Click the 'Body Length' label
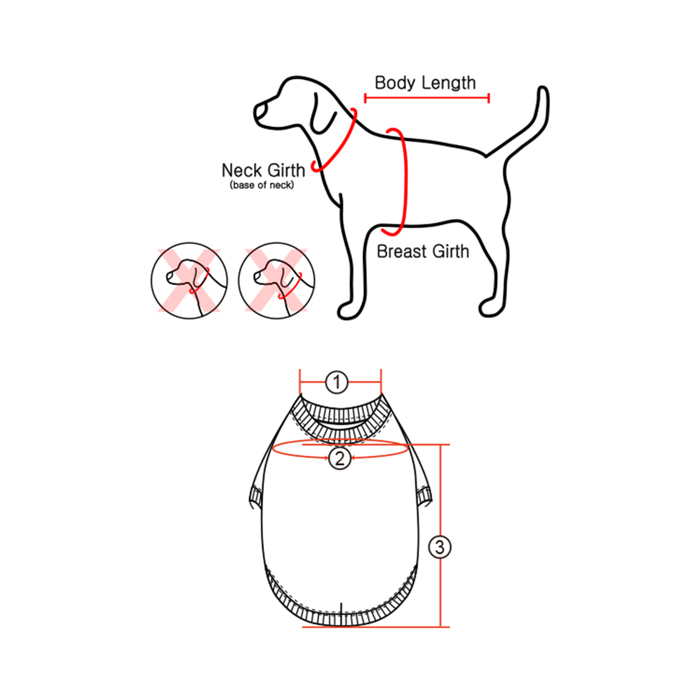425,83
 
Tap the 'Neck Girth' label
263,170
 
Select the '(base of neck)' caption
261,185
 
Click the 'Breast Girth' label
423,251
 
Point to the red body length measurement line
427,98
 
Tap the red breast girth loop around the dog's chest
403,181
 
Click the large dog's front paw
348,311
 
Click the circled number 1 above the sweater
337,383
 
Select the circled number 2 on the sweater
339,459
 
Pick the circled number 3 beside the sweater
440,547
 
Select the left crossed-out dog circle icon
189,281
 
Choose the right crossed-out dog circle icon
276,281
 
